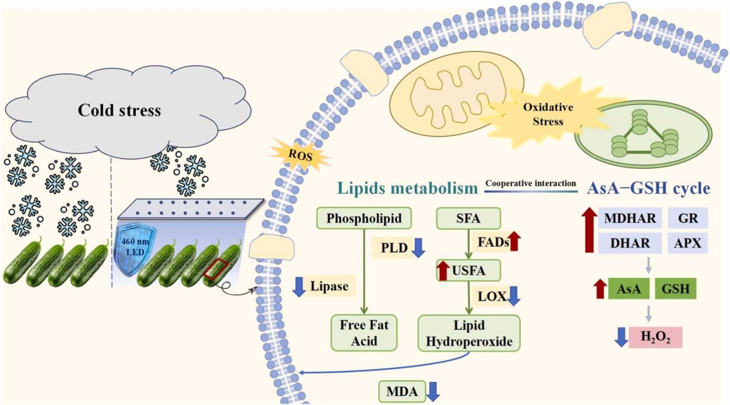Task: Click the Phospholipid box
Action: click(364, 218)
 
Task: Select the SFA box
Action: click(468, 218)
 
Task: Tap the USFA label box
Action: click(469, 271)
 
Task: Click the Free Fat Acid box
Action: click(364, 333)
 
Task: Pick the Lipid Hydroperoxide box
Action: click(469, 333)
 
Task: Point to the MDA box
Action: click(402, 391)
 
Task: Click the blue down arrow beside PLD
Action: click(418, 247)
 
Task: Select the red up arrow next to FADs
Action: click(515, 241)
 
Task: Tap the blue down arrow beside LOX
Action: click(514, 296)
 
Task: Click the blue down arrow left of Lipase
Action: click(299, 287)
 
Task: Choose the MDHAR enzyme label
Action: click(629, 218)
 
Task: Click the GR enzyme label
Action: click(687, 218)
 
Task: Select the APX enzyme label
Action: click(687, 243)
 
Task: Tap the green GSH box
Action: click(675, 289)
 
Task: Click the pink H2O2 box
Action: click(655, 337)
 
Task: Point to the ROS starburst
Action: click(300, 155)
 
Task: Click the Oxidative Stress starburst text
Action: click(548, 114)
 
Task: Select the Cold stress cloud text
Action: click(119, 110)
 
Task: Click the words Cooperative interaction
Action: click(530, 183)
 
